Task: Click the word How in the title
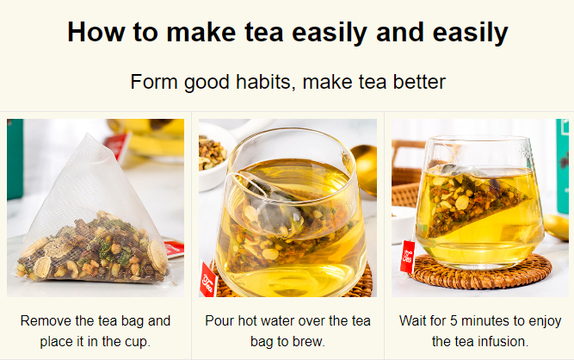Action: [x=96, y=32]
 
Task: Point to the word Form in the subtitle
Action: [x=154, y=81]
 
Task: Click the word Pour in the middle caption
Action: [x=219, y=321]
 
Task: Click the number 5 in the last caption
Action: [x=454, y=321]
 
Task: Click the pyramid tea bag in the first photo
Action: [x=93, y=220]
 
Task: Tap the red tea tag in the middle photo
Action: [x=208, y=279]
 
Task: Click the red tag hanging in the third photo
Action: [x=407, y=257]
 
